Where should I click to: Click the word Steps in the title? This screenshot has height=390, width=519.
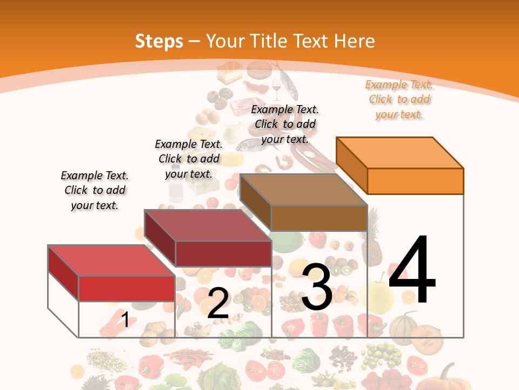tap(159, 41)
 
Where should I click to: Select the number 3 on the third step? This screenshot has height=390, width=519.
tap(317, 287)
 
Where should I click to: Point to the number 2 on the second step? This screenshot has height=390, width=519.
tap(218, 303)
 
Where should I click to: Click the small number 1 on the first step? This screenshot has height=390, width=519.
tap(125, 320)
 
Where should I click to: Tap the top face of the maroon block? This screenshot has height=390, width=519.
tap(208, 225)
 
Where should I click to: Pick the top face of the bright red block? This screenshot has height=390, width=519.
tap(111, 260)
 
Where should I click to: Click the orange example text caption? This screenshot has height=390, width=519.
tap(399, 99)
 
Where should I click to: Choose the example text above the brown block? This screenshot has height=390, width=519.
tap(285, 124)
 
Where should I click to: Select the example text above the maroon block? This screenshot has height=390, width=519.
tap(189, 159)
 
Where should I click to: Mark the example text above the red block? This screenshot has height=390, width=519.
tap(95, 190)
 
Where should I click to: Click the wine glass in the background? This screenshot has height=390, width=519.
tap(277, 87)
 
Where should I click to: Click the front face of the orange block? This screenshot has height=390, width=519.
tap(415, 181)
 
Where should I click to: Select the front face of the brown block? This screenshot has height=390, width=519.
tap(319, 218)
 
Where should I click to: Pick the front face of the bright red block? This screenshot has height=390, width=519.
tap(127, 288)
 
